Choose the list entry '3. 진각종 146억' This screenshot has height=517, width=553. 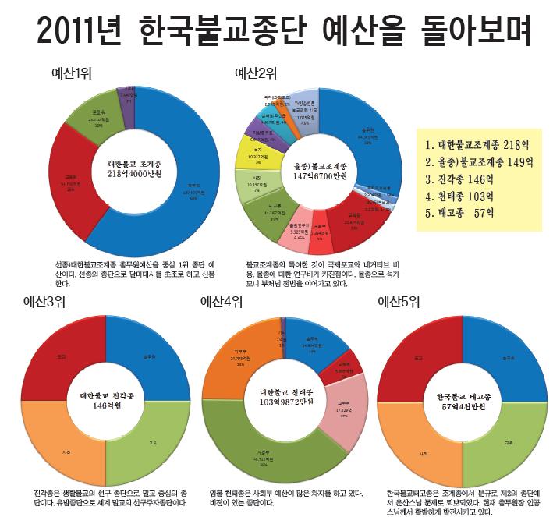466,179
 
